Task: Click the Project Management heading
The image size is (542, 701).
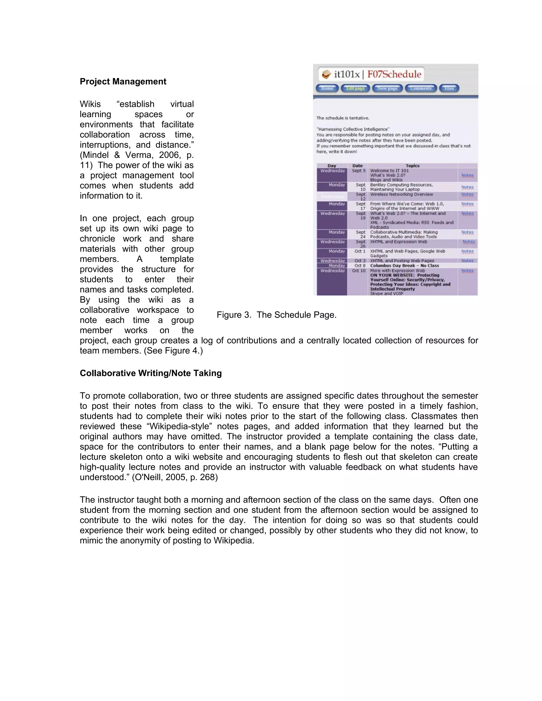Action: [x=123, y=81]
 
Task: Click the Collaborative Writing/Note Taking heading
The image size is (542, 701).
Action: [x=151, y=373]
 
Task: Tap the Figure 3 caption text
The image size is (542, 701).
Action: [x=277, y=315]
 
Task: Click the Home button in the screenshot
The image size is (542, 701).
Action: [x=327, y=88]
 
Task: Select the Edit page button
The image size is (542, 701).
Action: [x=355, y=88]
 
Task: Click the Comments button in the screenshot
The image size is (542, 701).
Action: [x=421, y=88]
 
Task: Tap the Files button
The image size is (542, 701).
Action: [x=449, y=88]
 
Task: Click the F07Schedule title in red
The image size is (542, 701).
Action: [x=394, y=75]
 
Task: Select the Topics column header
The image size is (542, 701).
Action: [x=412, y=166]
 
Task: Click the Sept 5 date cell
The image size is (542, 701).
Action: [x=358, y=171]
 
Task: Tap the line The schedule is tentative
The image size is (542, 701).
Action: [x=343, y=118]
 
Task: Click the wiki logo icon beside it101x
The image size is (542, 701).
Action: [x=326, y=75]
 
